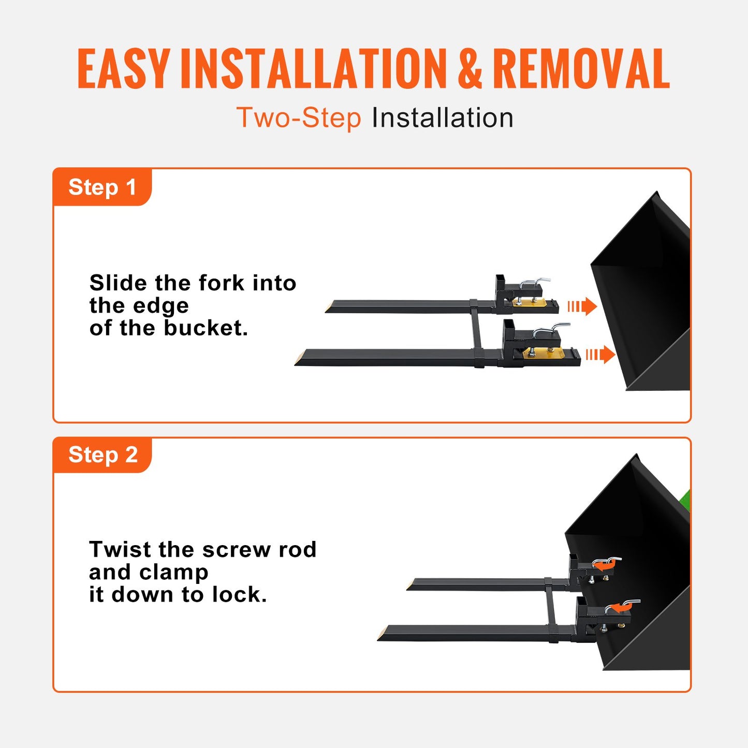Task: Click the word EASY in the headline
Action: [123, 69]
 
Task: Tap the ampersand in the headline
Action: [470, 69]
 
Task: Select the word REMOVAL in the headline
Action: [581, 69]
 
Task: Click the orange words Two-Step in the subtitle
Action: [299, 118]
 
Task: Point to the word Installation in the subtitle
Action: [443, 118]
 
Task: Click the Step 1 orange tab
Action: [102, 187]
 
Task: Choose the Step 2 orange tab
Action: [102, 455]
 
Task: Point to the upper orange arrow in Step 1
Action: [582, 306]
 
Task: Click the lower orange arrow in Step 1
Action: [600, 355]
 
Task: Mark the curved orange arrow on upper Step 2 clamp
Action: [603, 566]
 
